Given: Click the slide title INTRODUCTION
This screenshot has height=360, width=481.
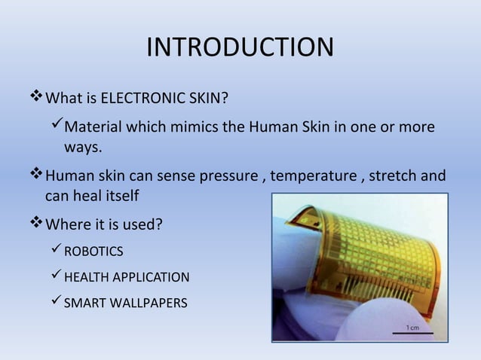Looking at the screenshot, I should [240, 47].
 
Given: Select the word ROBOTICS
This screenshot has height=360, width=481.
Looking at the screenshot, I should [93, 251].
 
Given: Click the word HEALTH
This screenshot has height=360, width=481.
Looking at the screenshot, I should [87, 278].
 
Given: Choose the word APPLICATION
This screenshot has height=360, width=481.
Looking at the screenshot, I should [152, 278].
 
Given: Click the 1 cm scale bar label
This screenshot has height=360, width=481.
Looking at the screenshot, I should [414, 328].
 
